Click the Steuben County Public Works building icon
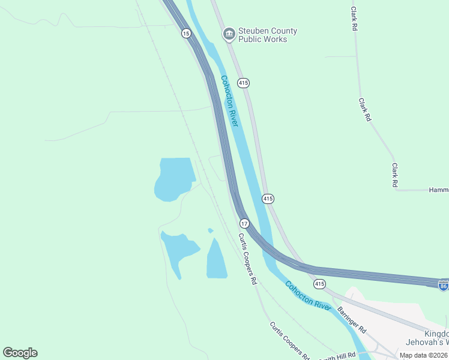pos(229,35)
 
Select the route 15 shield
pos(186,34)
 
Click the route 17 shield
pos(244,223)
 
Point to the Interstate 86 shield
pos(444,285)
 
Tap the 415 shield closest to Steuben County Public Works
pos(243,83)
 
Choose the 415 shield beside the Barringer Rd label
pos(319,283)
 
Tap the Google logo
pos(20,353)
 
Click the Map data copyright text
pos(423,355)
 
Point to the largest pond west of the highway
pos(173,179)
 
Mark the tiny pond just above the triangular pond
pos(211,230)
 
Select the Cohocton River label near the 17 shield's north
pos(229,100)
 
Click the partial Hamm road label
pos(438,190)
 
